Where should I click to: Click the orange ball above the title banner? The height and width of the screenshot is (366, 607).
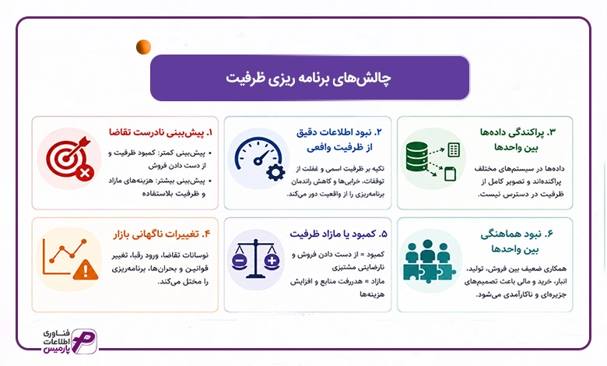click(143, 47)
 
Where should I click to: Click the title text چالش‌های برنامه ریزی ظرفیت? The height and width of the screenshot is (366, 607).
click(308, 78)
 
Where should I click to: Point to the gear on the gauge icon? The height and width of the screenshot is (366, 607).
click(275, 172)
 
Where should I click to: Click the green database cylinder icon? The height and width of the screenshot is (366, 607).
click(417, 157)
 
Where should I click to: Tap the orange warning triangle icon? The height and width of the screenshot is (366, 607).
click(86, 269)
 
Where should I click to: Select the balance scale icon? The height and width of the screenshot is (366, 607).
click(255, 259)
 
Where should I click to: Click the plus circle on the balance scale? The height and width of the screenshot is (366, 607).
click(272, 261)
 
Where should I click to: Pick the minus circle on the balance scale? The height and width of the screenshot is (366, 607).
click(239, 261)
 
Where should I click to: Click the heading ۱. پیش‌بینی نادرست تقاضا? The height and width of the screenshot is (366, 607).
click(160, 132)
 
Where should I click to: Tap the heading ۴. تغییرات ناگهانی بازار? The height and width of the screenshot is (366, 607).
click(162, 234)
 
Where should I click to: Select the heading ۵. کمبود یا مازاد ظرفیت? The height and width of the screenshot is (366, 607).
click(339, 234)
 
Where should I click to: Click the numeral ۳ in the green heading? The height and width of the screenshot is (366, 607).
click(552, 132)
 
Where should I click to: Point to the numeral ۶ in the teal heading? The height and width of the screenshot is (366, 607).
click(549, 234)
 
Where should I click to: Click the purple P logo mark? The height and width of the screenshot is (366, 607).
click(84, 341)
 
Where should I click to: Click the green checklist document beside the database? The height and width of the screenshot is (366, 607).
click(454, 150)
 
